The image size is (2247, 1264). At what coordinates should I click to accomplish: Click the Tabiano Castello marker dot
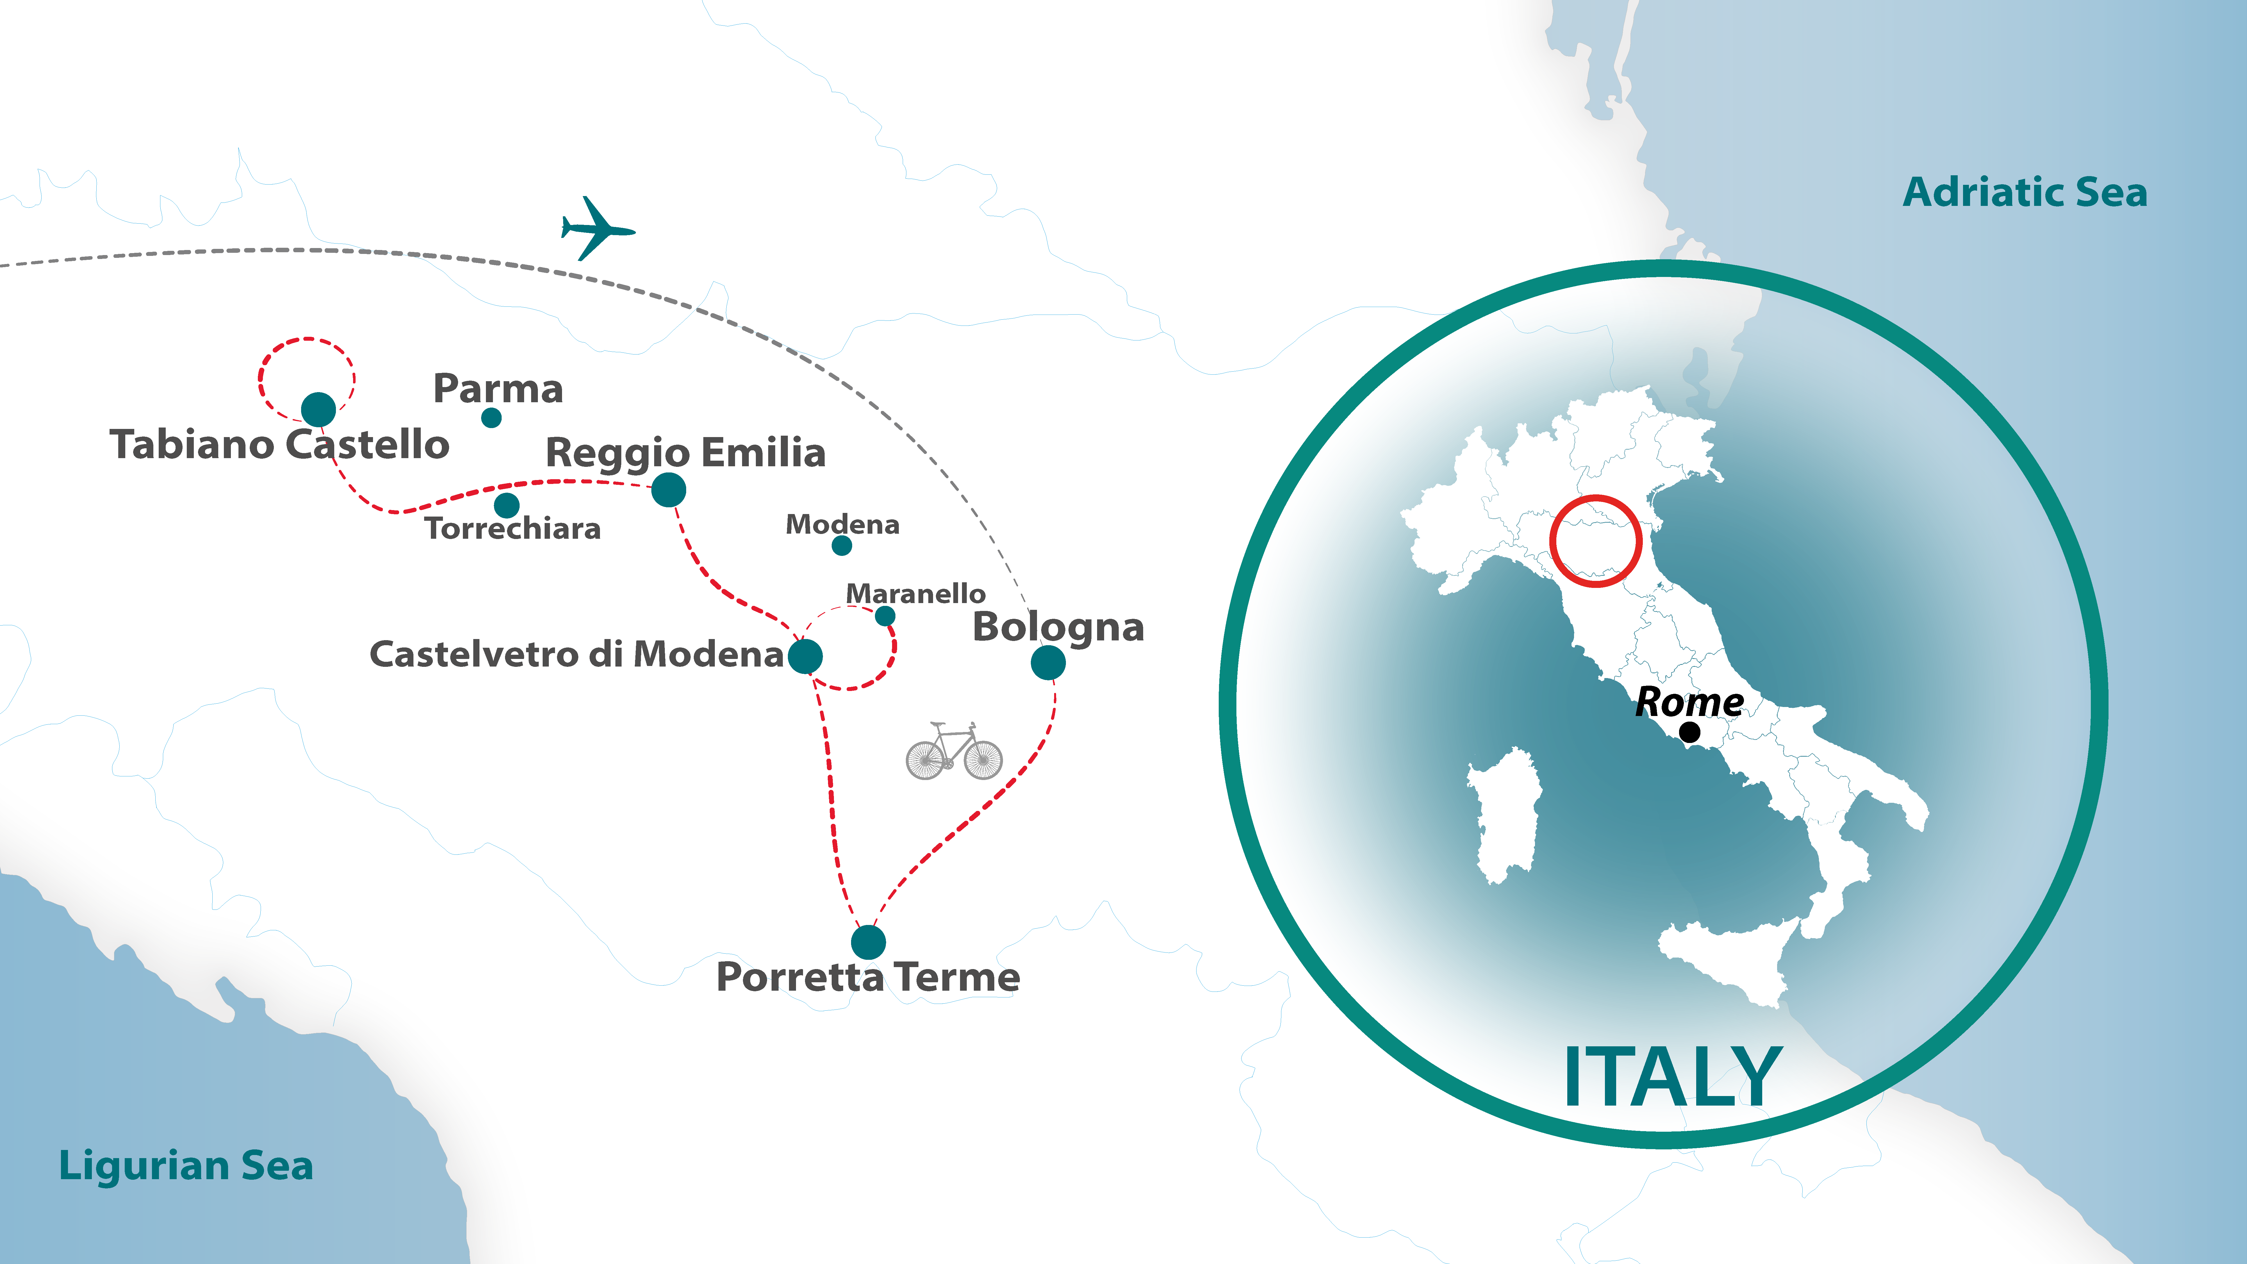click(319, 409)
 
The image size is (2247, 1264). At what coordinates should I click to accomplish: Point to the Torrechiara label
click(513, 529)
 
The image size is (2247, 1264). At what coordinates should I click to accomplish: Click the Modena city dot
click(842, 546)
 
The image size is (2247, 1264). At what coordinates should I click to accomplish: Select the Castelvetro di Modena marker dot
click(805, 656)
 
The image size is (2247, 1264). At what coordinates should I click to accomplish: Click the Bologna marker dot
click(1048, 663)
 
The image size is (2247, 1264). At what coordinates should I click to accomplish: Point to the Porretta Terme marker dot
click(868, 942)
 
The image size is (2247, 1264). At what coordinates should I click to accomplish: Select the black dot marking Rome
click(1690, 733)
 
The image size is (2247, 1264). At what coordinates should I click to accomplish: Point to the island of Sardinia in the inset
click(1502, 816)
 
